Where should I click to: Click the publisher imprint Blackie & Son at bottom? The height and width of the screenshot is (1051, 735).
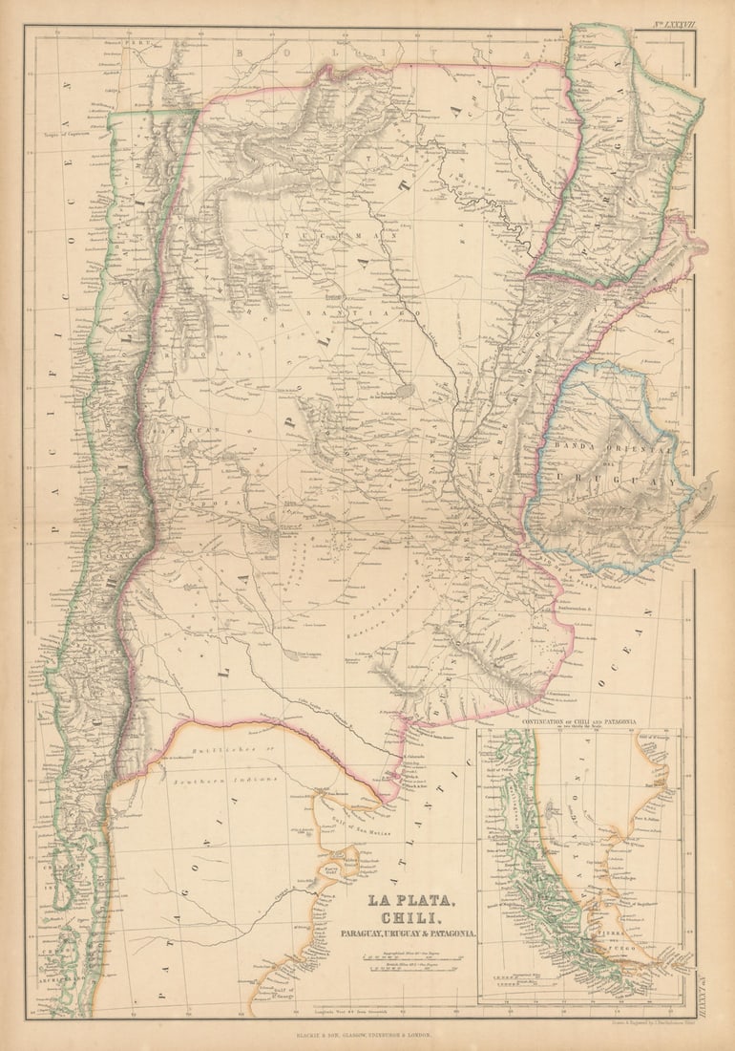coord(367,1034)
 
